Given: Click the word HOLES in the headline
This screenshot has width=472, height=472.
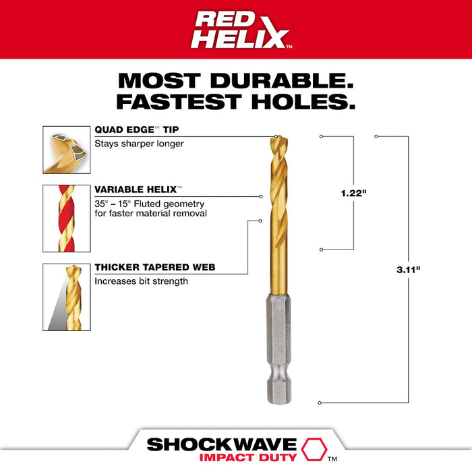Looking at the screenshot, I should [293, 102].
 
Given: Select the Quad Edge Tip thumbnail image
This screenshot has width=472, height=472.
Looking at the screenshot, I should [65, 149].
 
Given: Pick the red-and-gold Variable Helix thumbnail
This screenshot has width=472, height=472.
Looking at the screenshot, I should [65, 217].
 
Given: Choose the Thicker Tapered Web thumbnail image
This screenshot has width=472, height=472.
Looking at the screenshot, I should [65, 297].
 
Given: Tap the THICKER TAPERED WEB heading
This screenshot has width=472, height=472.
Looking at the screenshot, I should [154, 268].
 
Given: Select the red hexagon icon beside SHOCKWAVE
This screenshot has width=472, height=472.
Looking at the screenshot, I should [311, 446].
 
